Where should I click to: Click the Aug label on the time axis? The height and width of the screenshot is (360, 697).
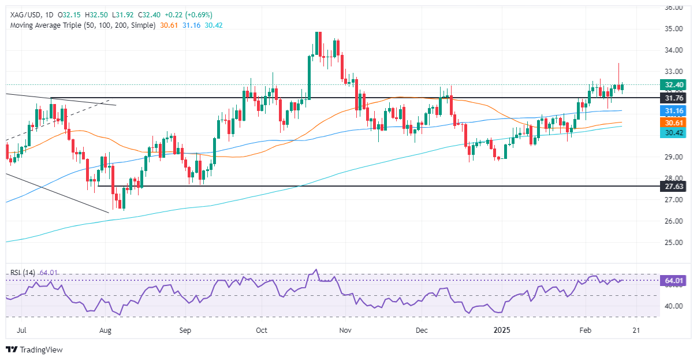105,331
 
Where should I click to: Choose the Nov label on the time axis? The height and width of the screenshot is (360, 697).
345,331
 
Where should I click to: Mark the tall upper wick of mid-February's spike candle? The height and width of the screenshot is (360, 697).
618,72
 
